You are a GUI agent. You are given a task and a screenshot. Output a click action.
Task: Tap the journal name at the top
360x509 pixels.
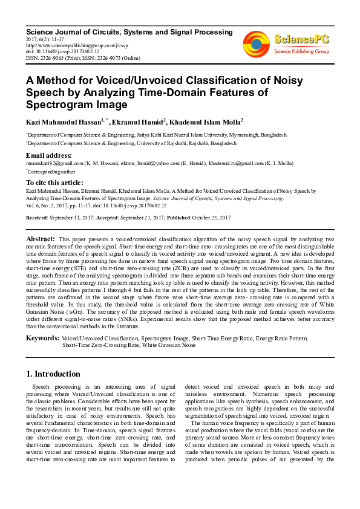pos(129,31)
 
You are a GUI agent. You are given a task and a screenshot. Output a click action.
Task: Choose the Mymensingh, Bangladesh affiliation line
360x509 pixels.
pos(157,135)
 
